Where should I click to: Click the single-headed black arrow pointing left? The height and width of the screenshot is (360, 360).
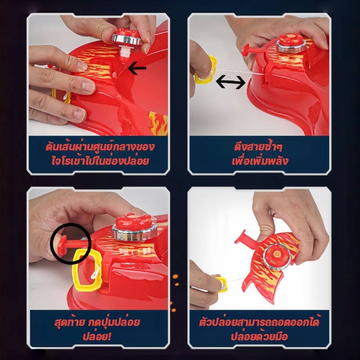coord(137,68)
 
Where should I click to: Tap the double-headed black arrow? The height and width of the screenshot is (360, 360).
coord(231,82)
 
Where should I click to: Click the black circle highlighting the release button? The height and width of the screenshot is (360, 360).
coord(71,243)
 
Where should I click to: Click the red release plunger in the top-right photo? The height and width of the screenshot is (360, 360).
coord(252,50)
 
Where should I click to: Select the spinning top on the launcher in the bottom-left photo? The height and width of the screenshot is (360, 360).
coord(134,227)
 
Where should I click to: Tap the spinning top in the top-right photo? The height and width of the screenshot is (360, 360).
coord(292,43)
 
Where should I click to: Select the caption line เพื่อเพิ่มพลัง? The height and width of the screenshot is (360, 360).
coord(260,161)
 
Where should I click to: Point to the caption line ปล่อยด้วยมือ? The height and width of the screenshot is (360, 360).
coord(259,336)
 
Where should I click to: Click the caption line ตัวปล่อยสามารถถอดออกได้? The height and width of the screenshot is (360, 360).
coord(259,322)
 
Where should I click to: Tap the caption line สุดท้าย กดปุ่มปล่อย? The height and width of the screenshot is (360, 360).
coord(97,322)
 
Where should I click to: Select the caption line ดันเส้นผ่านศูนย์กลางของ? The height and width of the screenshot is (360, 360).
coord(100,147)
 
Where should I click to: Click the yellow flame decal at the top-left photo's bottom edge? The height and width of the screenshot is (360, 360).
coord(158,123)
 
